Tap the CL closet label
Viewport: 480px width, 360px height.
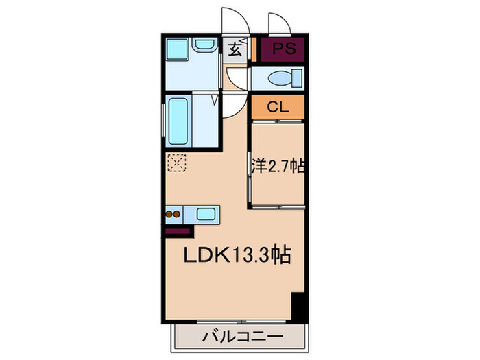tap(276, 107)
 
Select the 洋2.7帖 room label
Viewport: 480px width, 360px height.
tap(277, 166)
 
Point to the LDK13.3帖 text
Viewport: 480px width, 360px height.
tap(237, 255)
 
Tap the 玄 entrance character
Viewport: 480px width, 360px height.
tap(235, 49)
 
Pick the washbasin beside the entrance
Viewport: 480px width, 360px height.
tap(204, 46)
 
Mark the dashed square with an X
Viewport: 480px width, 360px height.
tap(176, 163)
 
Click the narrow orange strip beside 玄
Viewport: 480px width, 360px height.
tap(252, 49)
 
